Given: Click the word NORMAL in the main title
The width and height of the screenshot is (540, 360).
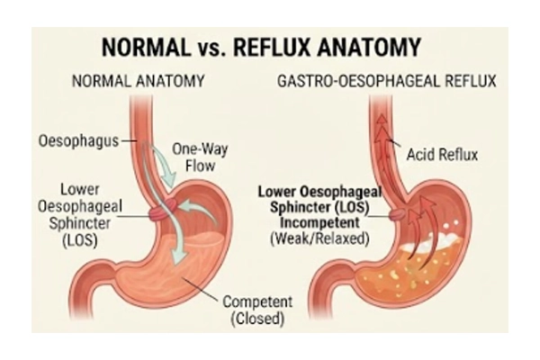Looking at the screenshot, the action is point(146,47).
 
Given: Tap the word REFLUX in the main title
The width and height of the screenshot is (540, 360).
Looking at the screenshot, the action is point(273,47).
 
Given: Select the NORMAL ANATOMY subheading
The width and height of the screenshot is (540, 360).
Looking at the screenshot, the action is point(138,81).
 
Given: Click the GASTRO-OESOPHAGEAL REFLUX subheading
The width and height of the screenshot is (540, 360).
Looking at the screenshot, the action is point(387,81).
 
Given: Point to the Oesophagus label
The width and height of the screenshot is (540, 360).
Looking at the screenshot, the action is point(78,141).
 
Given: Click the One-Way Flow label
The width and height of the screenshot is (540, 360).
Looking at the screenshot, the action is point(200,157).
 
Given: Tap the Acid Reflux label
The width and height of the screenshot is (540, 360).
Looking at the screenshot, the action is point(442,154).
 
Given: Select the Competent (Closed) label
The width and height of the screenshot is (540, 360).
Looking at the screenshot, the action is point(257,310).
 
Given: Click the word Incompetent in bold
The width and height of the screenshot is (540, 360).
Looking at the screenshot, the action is point(319,222).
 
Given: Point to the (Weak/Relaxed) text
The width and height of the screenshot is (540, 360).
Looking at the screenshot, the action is point(319,238).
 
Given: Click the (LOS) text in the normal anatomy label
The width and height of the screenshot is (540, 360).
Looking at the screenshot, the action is point(80,239).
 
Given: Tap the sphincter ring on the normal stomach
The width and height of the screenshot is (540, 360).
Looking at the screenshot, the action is point(163,210).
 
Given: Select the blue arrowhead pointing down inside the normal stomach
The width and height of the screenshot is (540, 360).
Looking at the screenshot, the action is point(180,257).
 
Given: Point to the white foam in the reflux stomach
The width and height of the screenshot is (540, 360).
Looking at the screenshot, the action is point(427,243).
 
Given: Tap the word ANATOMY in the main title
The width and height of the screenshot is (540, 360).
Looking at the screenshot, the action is point(369,47).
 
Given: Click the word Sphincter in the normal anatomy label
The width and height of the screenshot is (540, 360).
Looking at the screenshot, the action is point(80,223).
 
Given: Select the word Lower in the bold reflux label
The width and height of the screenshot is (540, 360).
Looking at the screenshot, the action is point(276,192).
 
